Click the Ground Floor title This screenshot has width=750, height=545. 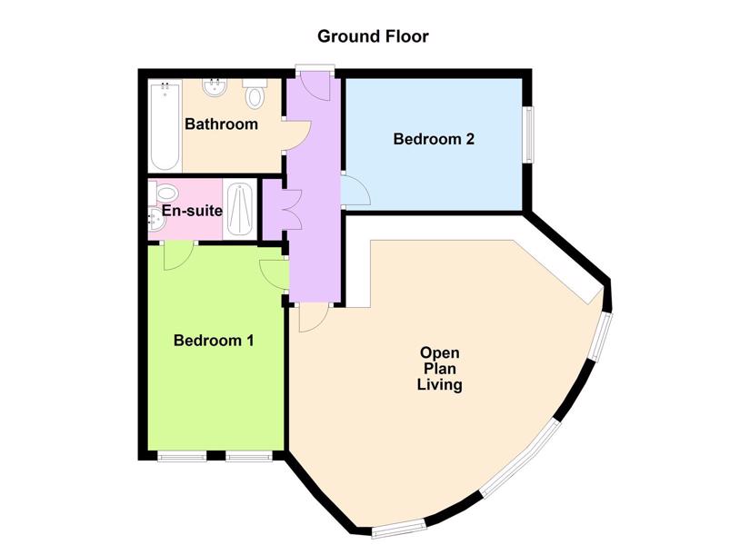[373, 36]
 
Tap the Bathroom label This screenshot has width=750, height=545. [221, 124]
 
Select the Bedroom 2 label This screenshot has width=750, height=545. [434, 139]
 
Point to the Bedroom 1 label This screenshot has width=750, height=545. [214, 341]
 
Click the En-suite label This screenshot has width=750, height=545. [192, 211]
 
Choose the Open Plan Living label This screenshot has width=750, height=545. [440, 369]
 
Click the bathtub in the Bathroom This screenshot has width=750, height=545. [165, 126]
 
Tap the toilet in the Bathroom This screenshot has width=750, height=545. [255, 94]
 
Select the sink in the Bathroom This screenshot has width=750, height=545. [215, 88]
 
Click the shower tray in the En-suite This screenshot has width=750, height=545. [240, 210]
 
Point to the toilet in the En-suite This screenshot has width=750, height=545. [164, 193]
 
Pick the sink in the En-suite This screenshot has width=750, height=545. [156, 219]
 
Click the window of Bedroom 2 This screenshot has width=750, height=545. [528, 134]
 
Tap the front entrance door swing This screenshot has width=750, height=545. [316, 84]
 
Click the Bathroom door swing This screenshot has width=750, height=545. [297, 136]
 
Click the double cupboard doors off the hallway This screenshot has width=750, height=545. [292, 210]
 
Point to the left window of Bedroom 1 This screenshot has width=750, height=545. [182, 457]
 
